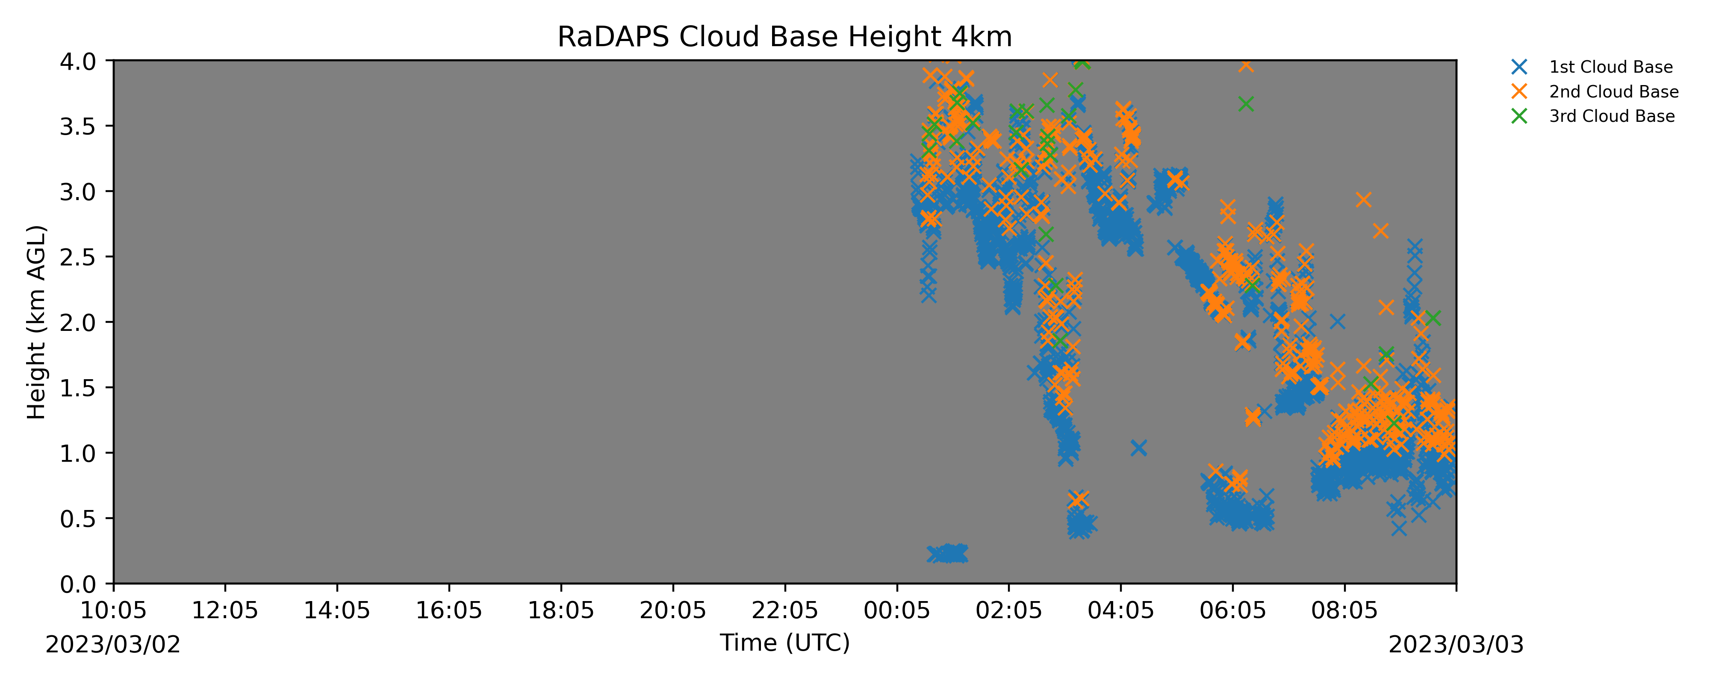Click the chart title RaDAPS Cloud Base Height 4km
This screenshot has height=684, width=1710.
point(784,37)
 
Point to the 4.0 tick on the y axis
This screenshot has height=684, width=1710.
point(78,62)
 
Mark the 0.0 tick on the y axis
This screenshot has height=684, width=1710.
point(78,584)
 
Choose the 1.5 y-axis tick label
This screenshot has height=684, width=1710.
point(78,388)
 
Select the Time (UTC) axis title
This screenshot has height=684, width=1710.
point(784,643)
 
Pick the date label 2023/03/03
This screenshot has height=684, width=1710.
point(1456,645)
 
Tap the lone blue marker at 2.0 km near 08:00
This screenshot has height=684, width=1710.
point(1338,322)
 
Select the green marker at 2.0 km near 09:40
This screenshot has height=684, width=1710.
point(1433,318)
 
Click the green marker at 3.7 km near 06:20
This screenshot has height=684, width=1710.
point(1246,104)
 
